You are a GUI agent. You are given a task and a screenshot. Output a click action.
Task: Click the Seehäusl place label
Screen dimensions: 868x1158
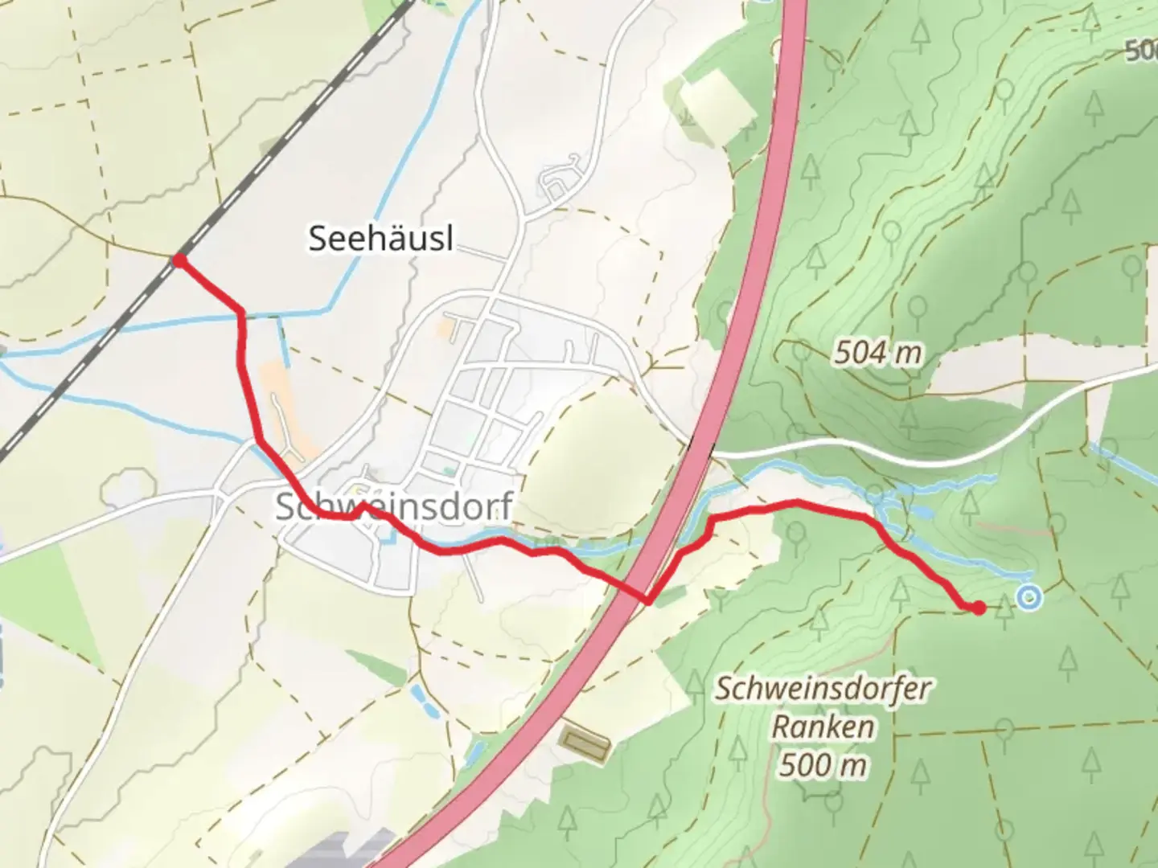(380, 239)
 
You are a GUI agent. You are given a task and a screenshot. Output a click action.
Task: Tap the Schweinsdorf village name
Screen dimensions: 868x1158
(394, 506)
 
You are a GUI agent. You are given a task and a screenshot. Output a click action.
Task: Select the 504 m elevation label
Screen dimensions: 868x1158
(877, 352)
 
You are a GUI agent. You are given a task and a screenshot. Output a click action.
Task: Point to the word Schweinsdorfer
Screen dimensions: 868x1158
(823, 690)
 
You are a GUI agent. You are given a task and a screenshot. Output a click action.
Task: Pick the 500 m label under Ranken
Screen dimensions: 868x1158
(823, 764)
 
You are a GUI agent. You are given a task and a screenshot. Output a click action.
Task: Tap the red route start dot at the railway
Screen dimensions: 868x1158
(179, 260)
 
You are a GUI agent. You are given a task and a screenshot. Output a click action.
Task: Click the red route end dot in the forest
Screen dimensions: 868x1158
(978, 608)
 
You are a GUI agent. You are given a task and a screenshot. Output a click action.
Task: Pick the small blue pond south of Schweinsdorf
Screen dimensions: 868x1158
(421, 702)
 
